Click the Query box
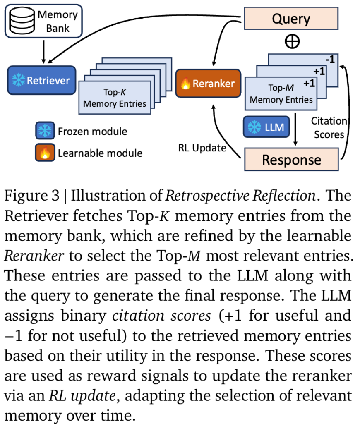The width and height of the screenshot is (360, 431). pyautogui.click(x=291, y=18)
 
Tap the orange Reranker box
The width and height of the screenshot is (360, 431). pyautogui.click(x=208, y=84)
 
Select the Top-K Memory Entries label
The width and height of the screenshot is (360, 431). pyautogui.click(x=115, y=98)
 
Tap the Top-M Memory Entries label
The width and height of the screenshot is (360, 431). pyautogui.click(x=281, y=94)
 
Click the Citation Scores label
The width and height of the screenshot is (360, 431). pyautogui.click(x=329, y=127)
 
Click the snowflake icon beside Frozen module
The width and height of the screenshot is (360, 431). pyautogui.click(x=44, y=132)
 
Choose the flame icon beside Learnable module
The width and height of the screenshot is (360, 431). pyautogui.click(x=44, y=153)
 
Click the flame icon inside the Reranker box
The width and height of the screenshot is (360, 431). pyautogui.click(x=186, y=84)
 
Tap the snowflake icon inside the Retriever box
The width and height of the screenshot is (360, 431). pyautogui.click(x=19, y=80)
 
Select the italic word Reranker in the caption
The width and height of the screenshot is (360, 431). pyautogui.click(x=34, y=256)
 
